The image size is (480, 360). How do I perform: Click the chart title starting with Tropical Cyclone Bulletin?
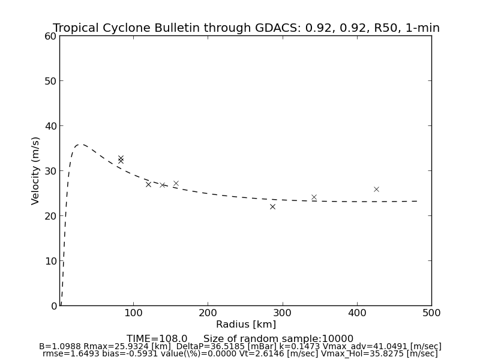246,28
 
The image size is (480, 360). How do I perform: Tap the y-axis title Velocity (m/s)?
36,170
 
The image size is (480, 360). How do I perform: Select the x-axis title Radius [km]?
246,325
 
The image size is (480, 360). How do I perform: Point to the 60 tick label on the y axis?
50,36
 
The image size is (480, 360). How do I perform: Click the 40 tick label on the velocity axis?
50,126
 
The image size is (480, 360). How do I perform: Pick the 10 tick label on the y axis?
50,261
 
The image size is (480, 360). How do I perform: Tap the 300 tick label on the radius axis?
283,313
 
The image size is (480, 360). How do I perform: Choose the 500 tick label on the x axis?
431,313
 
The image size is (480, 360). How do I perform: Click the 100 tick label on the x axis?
133,313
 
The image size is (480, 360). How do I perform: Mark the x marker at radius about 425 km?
376,189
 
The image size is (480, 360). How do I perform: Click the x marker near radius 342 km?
314,197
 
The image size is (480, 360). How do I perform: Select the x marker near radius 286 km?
272,206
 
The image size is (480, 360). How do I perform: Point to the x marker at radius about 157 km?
176,183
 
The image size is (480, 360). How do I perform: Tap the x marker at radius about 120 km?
148,184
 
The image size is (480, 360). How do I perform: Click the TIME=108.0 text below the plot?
157,339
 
